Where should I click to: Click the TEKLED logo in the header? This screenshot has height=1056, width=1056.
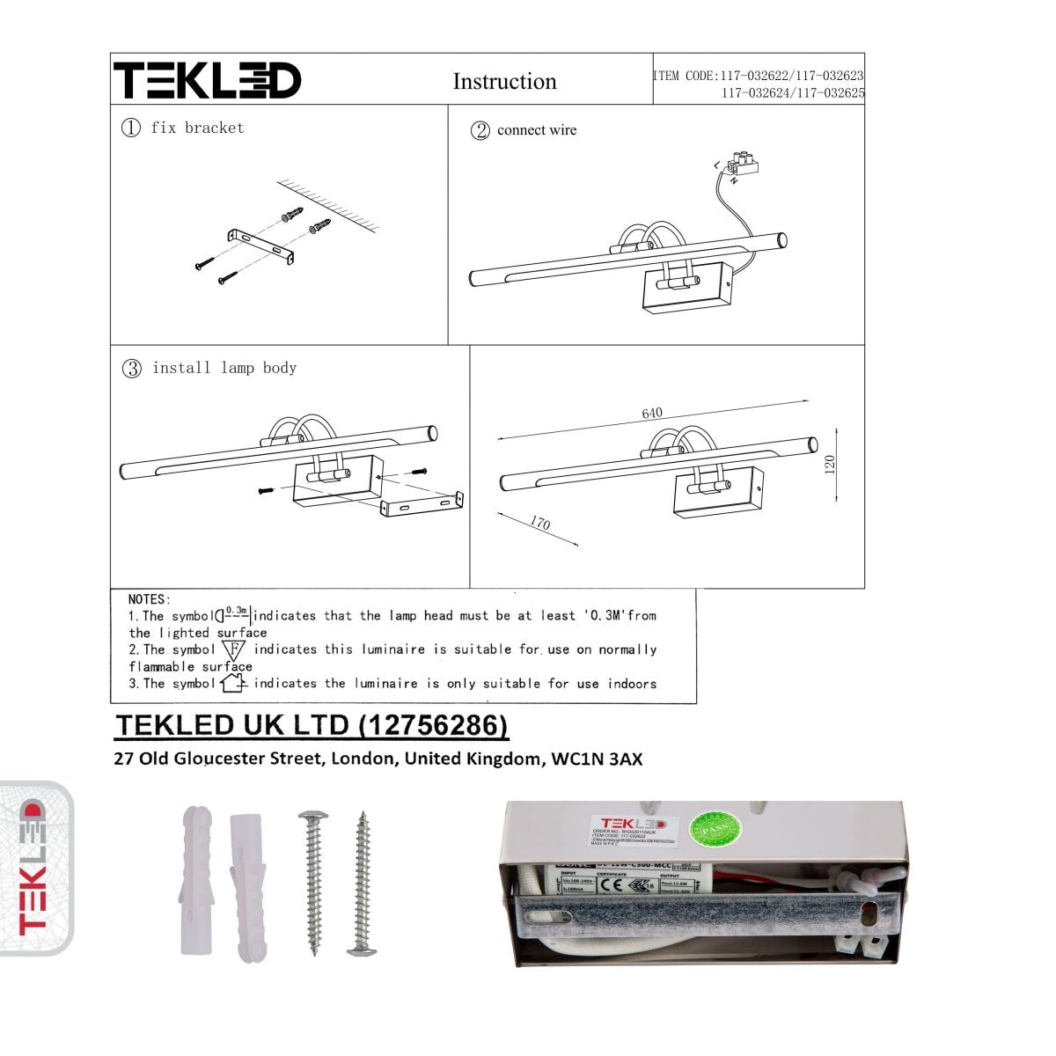(x=208, y=80)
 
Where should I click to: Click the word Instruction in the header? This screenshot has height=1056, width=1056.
(x=504, y=82)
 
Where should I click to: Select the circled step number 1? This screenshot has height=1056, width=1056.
(x=131, y=128)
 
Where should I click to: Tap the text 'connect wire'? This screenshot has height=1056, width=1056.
(x=537, y=130)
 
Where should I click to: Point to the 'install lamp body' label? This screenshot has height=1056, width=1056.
(x=224, y=368)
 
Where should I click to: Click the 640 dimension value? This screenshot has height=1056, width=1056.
(x=652, y=414)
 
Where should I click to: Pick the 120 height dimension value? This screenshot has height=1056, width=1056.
(x=829, y=464)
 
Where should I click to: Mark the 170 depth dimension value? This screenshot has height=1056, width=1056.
(x=539, y=524)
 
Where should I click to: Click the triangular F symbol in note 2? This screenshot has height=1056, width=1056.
(x=233, y=650)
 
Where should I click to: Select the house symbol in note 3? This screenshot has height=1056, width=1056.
(x=233, y=683)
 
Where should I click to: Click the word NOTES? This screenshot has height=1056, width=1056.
(x=150, y=599)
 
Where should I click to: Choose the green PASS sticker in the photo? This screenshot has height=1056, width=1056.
(x=715, y=829)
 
